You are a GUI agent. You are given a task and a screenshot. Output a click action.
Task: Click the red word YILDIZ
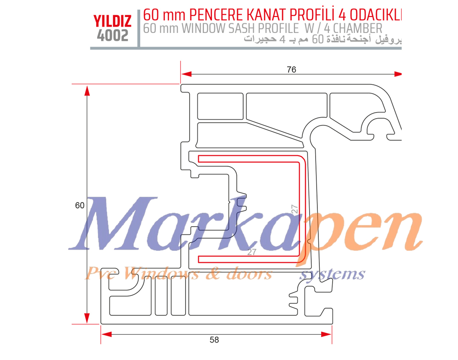[x=112, y=21]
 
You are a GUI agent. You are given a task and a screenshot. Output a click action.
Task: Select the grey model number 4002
[x=112, y=35]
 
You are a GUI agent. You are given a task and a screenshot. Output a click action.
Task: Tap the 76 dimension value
[x=291, y=70]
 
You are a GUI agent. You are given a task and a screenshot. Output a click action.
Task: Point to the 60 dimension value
[x=80, y=206]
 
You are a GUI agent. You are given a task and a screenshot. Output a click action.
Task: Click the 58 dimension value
[x=214, y=340]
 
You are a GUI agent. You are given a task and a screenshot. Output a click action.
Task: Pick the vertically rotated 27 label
[x=295, y=209]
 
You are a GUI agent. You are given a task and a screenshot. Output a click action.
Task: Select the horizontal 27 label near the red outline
[x=251, y=252]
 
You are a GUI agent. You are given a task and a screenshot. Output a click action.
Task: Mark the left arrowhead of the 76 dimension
[x=185, y=74]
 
